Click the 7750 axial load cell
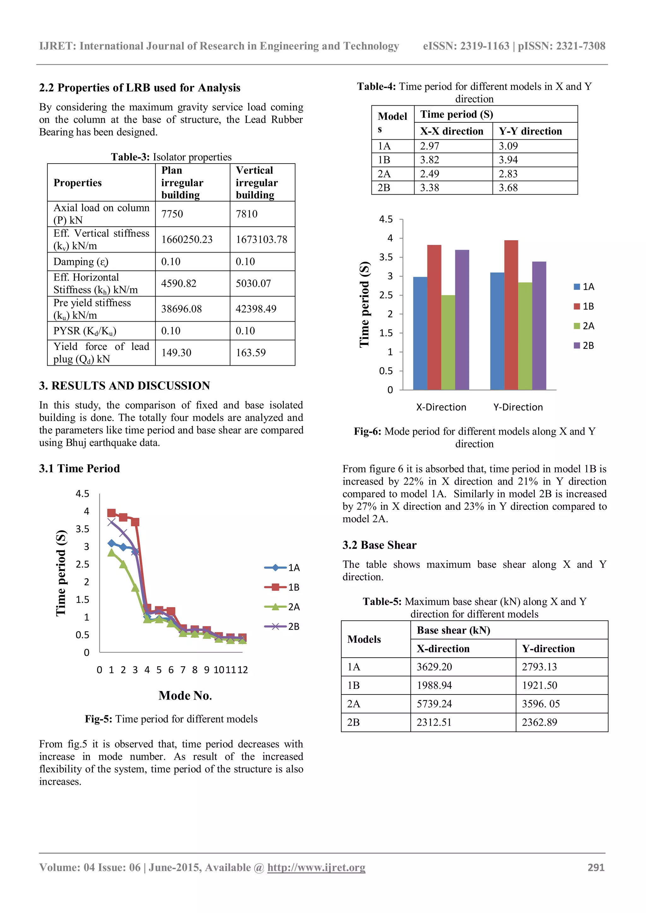[x=172, y=214]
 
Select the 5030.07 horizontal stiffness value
[x=253, y=283]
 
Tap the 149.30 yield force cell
[x=176, y=353]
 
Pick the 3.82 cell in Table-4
[x=430, y=160]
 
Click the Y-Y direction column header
[x=530, y=131]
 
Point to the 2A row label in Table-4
[x=384, y=174]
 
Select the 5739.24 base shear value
[x=434, y=704]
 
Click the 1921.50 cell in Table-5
[x=539, y=685]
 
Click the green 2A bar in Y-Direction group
[x=525, y=336]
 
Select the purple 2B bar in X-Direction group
[x=462, y=320]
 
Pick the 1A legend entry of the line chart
[x=282, y=568]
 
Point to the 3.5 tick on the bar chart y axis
[x=386, y=257]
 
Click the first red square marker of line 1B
[x=112, y=513]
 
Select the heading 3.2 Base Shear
[x=379, y=545]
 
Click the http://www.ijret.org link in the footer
[x=316, y=867]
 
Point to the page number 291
[x=596, y=867]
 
